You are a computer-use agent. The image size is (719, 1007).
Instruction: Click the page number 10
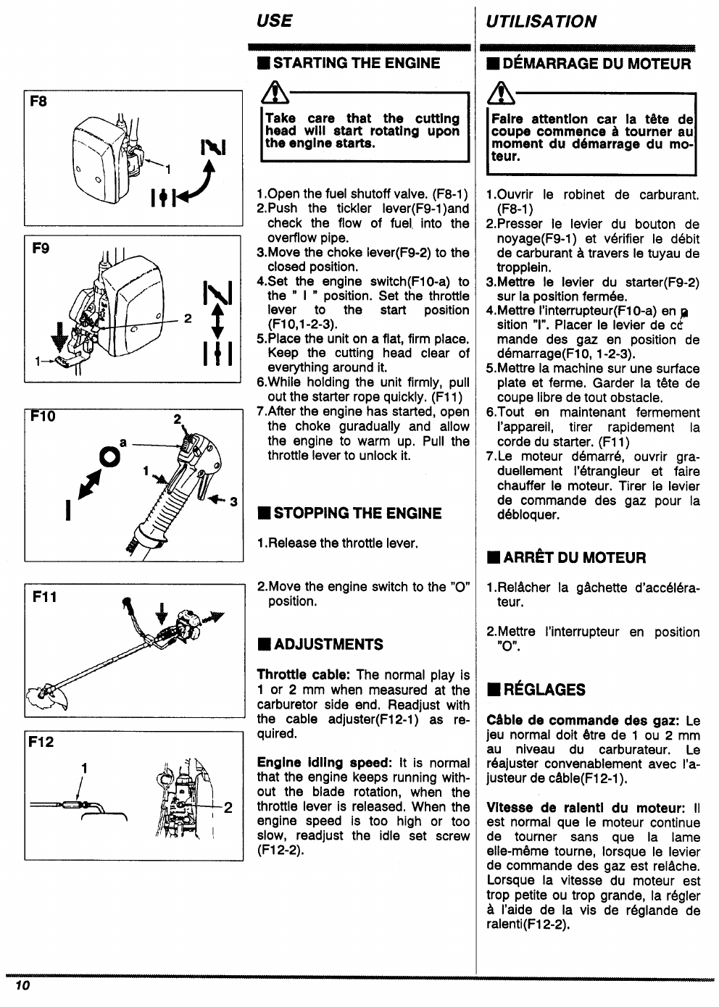click(x=20, y=986)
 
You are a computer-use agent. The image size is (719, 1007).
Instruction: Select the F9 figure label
click(x=41, y=248)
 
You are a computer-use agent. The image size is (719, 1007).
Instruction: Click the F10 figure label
click(x=42, y=417)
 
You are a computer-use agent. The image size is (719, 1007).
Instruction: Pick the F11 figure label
click(x=44, y=597)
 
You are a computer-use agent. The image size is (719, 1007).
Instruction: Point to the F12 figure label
click(x=41, y=742)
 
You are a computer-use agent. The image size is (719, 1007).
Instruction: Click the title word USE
click(x=274, y=21)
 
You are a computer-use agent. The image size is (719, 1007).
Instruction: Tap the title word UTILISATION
click(x=541, y=22)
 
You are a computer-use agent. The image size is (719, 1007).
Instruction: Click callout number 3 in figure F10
click(x=233, y=501)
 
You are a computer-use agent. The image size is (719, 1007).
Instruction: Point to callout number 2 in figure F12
click(x=228, y=808)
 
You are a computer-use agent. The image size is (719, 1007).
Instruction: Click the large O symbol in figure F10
click(x=109, y=456)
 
